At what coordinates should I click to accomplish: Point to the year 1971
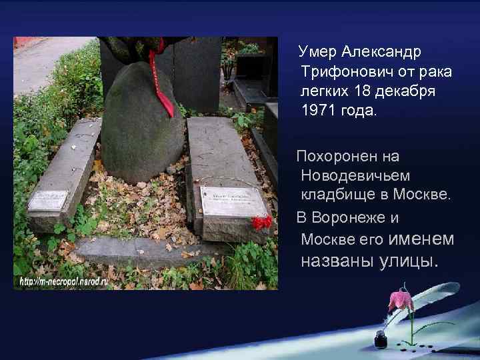point(317,109)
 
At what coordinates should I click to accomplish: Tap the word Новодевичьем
point(356,175)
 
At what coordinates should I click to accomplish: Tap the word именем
point(421,238)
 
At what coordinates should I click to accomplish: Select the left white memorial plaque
point(48,200)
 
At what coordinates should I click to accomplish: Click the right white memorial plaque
point(233,201)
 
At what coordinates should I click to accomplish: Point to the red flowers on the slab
point(262,222)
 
